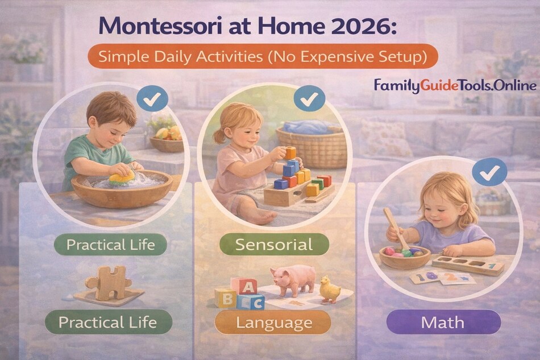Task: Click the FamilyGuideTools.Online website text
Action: point(455,86)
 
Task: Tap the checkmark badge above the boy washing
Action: point(152,101)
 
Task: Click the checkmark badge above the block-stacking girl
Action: point(309,101)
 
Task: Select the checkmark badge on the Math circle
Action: point(489,171)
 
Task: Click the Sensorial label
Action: point(274,245)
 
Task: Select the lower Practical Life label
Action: point(107,322)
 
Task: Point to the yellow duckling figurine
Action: point(330,289)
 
